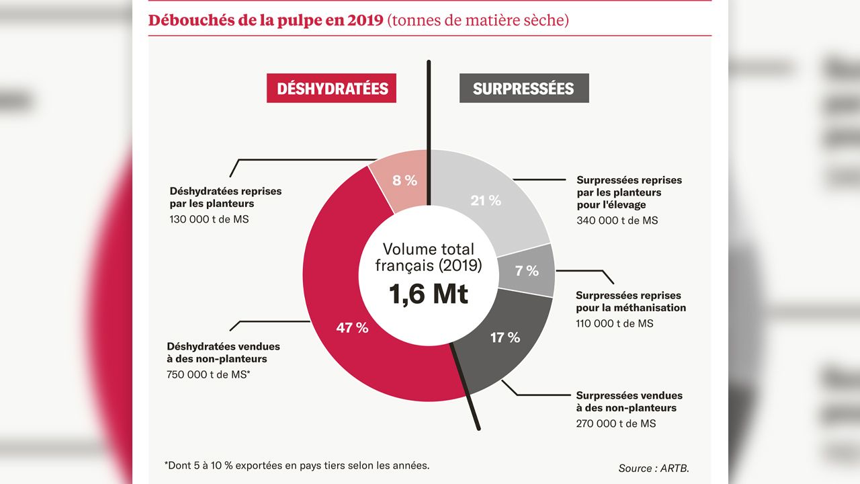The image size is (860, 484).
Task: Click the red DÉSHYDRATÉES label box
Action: pyautogui.click(x=331, y=89)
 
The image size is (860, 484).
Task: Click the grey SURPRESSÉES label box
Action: pyautogui.click(x=523, y=89)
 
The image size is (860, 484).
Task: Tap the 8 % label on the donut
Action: pyautogui.click(x=405, y=180)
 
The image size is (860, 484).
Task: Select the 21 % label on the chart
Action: pyautogui.click(x=486, y=200)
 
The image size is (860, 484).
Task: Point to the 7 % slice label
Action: pyautogui.click(x=527, y=271)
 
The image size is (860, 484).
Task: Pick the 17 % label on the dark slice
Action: pyautogui.click(x=505, y=337)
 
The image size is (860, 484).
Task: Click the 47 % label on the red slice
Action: pyautogui.click(x=352, y=328)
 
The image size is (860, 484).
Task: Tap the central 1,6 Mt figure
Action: pyautogui.click(x=429, y=294)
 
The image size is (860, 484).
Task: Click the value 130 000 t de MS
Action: pyautogui.click(x=209, y=219)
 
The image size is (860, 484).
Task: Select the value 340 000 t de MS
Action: pyautogui.click(x=617, y=220)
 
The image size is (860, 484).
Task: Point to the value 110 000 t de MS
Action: pyautogui.click(x=614, y=323)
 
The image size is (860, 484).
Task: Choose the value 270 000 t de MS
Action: pyautogui.click(x=615, y=424)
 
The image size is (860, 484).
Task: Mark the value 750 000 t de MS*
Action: pyautogui.click(x=208, y=375)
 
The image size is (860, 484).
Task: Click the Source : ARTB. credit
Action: pyautogui.click(x=653, y=468)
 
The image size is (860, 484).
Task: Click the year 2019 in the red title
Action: pyautogui.click(x=365, y=20)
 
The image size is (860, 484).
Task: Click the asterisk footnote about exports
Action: pyautogui.click(x=296, y=465)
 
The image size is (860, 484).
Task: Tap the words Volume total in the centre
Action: pyautogui.click(x=429, y=249)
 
